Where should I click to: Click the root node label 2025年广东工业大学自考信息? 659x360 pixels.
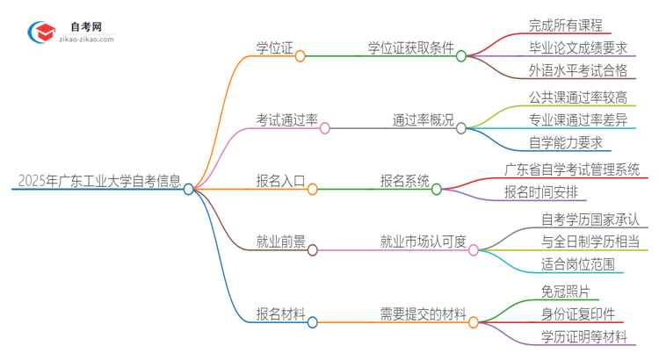99,182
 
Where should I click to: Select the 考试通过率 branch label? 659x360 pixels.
286,120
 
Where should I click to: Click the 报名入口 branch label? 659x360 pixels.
280,182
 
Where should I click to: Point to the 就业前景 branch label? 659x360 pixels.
280,242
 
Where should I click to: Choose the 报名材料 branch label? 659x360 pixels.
280,315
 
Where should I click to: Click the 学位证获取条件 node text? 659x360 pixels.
409,48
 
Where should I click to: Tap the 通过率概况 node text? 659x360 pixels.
422,120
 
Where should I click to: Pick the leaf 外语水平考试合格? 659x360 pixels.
577,70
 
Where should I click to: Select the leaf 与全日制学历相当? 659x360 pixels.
583,241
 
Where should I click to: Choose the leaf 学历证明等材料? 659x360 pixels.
583,337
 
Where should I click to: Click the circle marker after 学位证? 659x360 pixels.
301,55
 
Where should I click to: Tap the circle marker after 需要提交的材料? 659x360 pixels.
474,322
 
